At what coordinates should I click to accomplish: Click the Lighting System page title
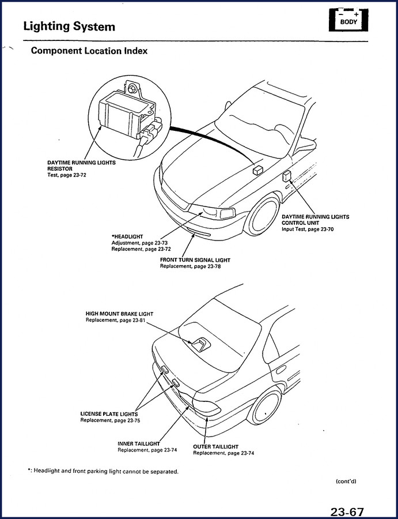pos(69,27)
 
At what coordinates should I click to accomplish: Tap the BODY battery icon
pos(348,20)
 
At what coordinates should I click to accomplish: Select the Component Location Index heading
pos(89,51)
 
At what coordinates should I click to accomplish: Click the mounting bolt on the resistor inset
pos(132,89)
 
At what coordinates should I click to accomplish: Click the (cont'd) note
pos(346,481)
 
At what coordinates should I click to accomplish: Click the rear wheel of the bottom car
pos(265,408)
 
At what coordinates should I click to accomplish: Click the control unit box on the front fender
pos(287,176)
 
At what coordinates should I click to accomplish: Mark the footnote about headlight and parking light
pos(103,471)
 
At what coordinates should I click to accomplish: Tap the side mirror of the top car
pos(304,146)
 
